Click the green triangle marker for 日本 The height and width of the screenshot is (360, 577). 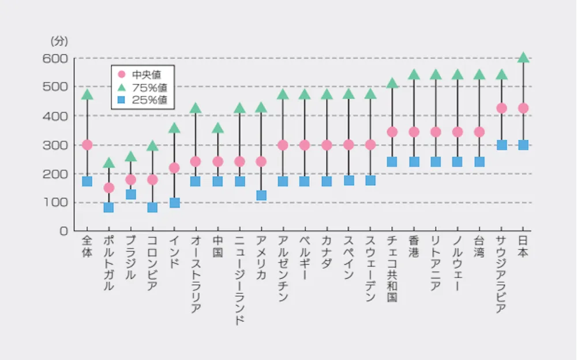523,58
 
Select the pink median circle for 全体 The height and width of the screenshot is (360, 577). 87,145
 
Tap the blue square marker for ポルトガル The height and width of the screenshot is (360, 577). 108,207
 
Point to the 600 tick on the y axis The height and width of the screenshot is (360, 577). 55,58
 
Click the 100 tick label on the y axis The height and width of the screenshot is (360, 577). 55,202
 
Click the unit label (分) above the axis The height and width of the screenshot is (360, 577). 59,41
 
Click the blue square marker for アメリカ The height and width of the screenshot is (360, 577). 261,195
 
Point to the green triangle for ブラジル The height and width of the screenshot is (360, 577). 130,156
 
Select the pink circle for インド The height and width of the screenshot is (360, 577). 174,168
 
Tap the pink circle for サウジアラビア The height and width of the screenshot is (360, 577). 501,108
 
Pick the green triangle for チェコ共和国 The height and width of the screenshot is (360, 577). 392,84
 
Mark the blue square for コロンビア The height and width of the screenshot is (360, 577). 152,207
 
